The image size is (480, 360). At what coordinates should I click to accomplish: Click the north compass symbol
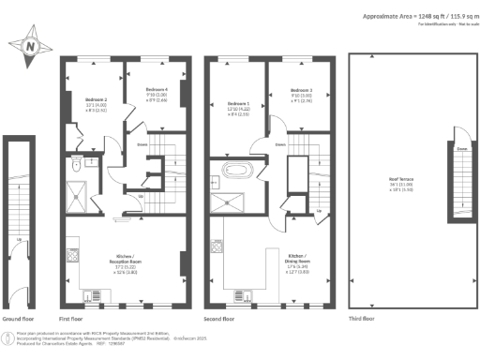click(31, 43)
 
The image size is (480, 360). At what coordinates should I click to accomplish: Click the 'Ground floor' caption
click(19, 320)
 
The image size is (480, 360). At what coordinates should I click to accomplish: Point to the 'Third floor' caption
click(367, 320)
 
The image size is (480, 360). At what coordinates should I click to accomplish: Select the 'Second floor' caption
click(221, 320)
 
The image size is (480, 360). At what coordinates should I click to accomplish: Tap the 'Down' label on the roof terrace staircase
click(462, 147)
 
